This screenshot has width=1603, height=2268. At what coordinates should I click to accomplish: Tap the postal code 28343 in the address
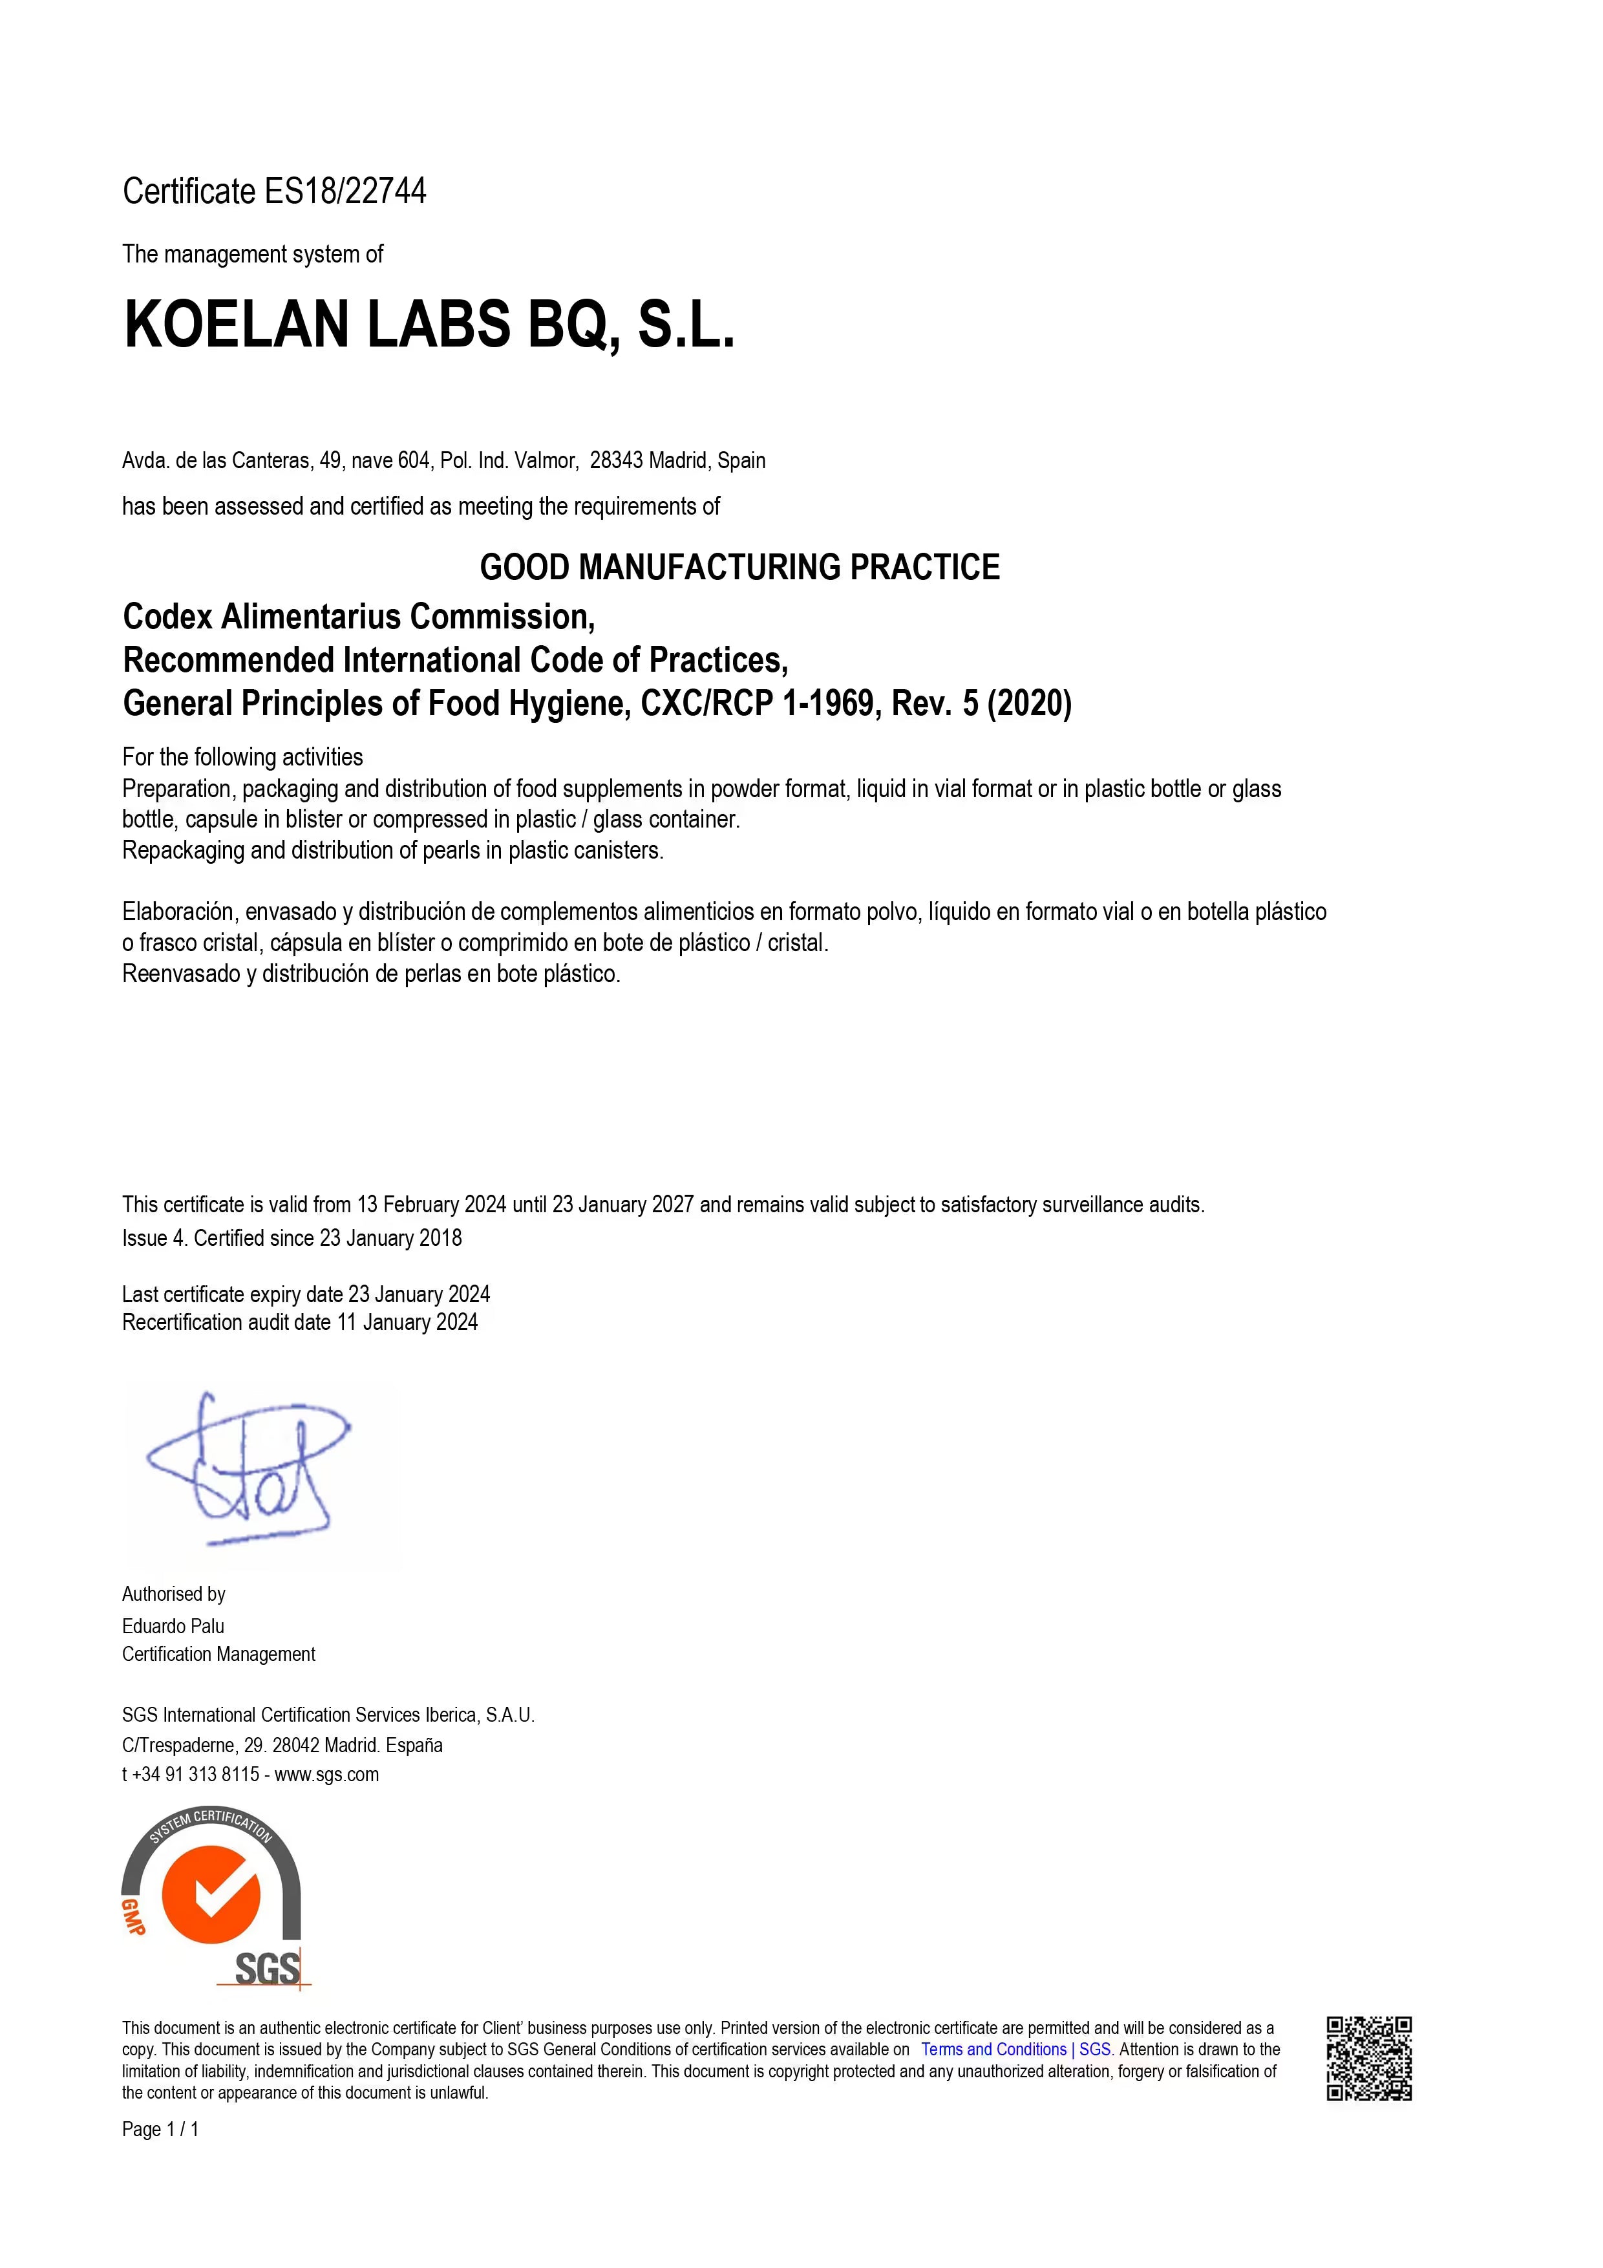[x=616, y=460]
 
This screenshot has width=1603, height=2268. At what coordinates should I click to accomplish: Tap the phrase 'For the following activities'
[x=242, y=758]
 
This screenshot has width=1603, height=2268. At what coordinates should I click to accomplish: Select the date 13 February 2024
[x=432, y=1205]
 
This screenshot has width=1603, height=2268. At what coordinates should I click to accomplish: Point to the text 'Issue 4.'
[x=154, y=1239]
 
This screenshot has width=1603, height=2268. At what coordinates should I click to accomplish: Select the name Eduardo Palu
[x=173, y=1626]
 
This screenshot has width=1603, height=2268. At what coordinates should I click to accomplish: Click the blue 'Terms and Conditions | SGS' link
[x=1015, y=2049]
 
